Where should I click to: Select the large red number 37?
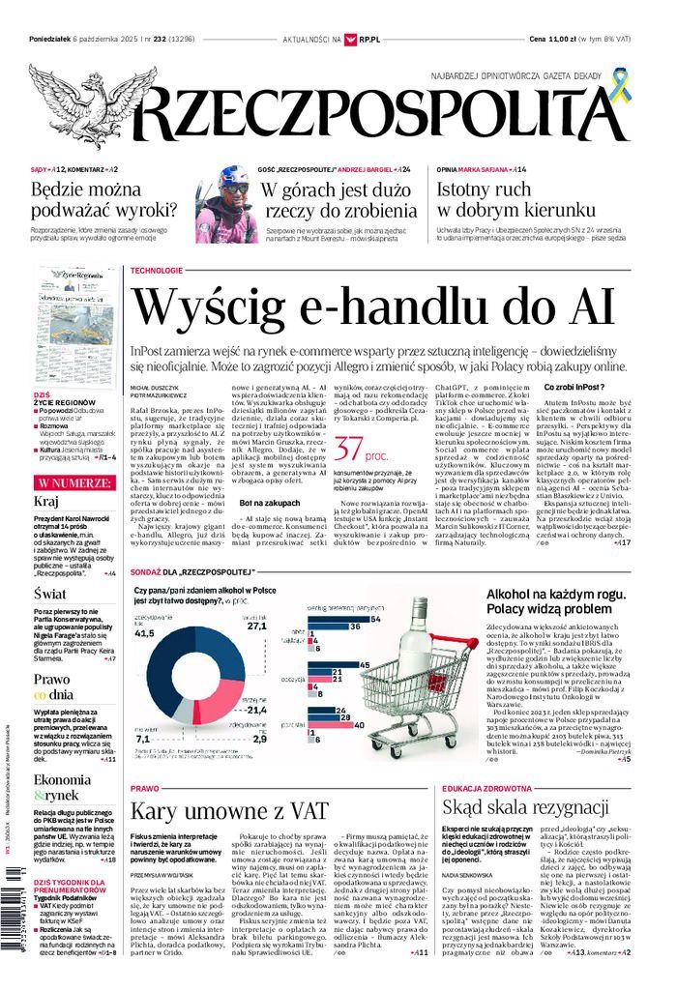(x=350, y=448)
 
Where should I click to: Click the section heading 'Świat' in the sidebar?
(x=49, y=594)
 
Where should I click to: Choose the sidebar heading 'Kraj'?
(x=46, y=501)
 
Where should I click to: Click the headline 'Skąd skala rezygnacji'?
(x=525, y=807)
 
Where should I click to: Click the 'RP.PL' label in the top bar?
(x=368, y=39)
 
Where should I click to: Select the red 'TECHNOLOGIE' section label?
(x=156, y=270)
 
